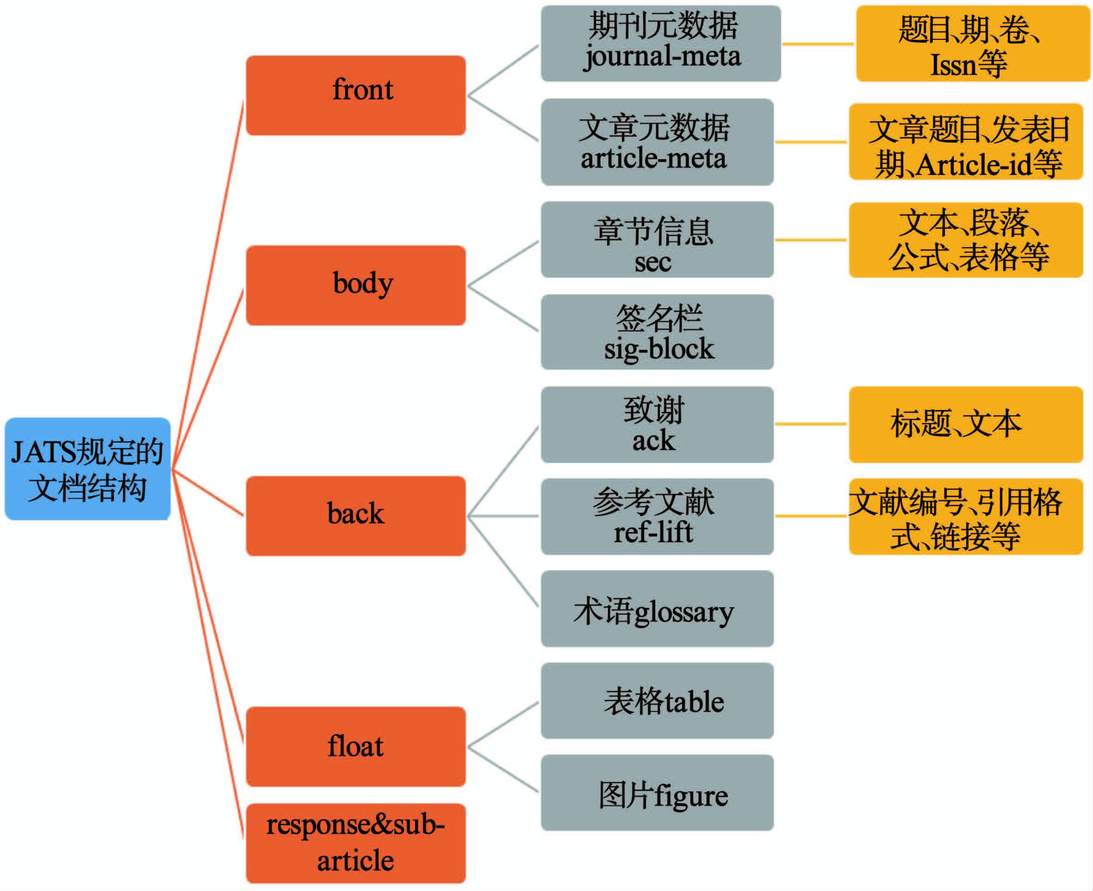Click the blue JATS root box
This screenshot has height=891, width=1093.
click(x=87, y=468)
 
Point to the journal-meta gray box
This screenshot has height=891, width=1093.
click(x=660, y=44)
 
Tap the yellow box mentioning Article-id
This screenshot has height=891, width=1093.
click(x=966, y=142)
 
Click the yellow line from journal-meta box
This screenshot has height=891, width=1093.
click(x=818, y=44)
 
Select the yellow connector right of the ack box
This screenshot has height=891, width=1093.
click(x=811, y=424)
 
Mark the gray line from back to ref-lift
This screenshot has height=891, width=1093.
click(x=503, y=516)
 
